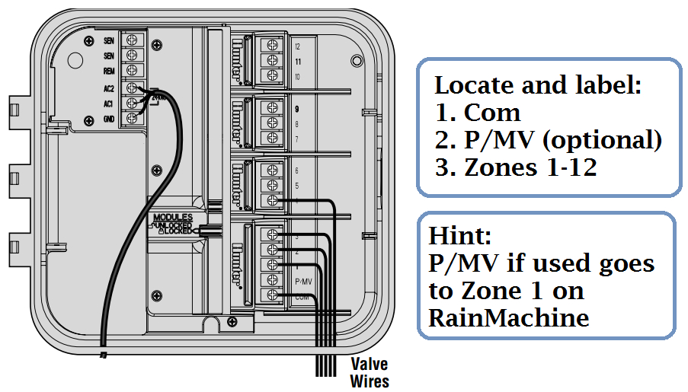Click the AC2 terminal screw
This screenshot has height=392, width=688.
[133, 88]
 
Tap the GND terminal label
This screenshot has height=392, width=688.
[109, 119]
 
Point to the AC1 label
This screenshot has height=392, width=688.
[109, 103]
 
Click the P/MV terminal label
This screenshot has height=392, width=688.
[303, 281]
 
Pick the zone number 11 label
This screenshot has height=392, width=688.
[297, 61]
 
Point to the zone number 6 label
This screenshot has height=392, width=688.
[296, 171]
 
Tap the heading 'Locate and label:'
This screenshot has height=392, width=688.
[537, 84]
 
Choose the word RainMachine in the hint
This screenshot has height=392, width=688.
[509, 317]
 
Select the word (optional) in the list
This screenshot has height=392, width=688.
[598, 140]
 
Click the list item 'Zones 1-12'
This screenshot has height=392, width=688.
[516, 168]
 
